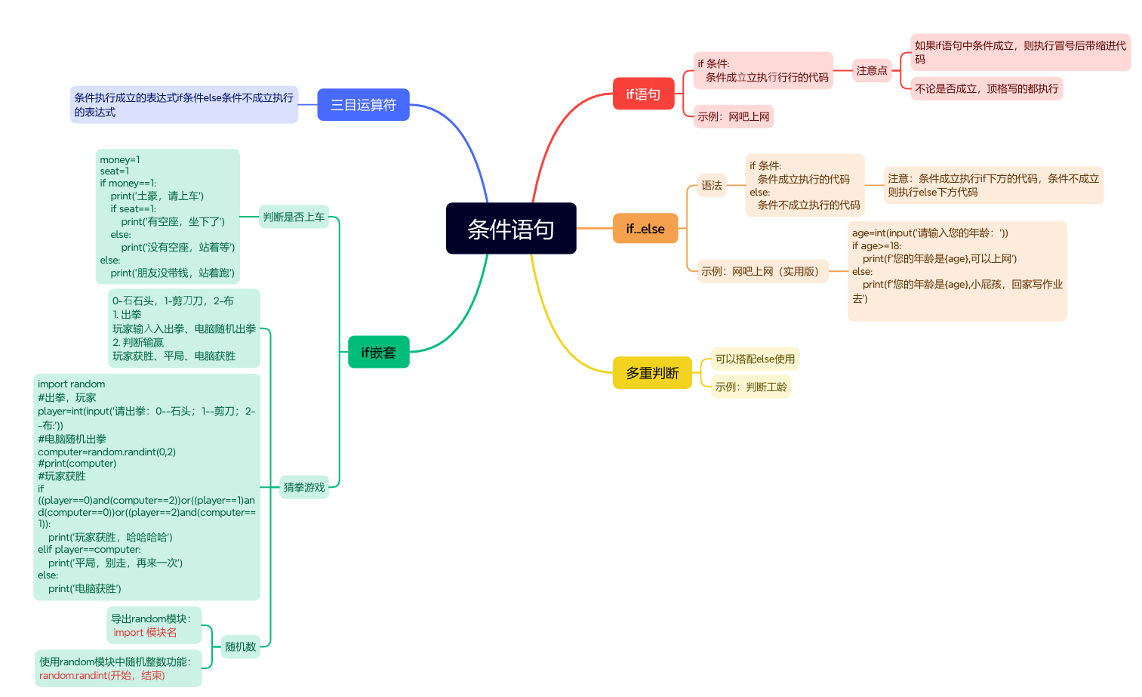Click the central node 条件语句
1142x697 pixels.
coord(511,229)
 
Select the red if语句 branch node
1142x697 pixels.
coord(643,94)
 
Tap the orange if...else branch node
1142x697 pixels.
coord(645,229)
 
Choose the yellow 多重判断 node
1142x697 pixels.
coord(652,373)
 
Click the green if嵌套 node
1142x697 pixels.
coord(378,352)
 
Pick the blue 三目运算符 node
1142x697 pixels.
coord(363,105)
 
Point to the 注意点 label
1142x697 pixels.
coord(872,71)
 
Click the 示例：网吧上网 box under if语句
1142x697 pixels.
coord(734,117)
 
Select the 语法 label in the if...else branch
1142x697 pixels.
coord(711,185)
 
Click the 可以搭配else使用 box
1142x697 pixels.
coord(755,359)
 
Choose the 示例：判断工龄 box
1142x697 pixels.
coord(751,387)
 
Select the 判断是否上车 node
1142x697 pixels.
coord(294,217)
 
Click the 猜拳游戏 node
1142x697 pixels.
coord(304,488)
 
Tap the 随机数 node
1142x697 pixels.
coord(241,646)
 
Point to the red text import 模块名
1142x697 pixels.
coord(145,633)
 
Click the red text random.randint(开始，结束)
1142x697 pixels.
coord(102,676)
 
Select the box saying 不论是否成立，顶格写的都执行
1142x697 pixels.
coord(987,89)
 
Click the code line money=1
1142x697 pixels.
coord(120,159)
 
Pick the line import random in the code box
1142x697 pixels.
coord(72,384)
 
